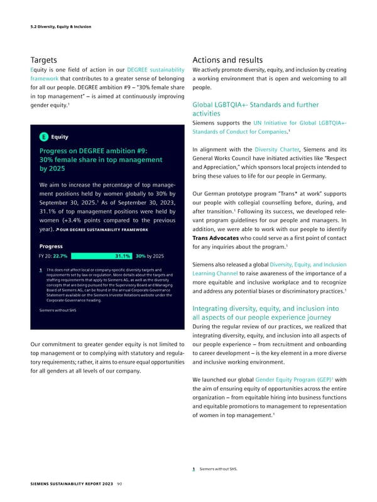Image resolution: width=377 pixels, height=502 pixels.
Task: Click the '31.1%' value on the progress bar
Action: [123, 256]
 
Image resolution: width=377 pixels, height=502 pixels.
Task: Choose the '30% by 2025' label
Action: [150, 256]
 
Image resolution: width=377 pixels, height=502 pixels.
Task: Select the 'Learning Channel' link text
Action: [225, 290]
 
